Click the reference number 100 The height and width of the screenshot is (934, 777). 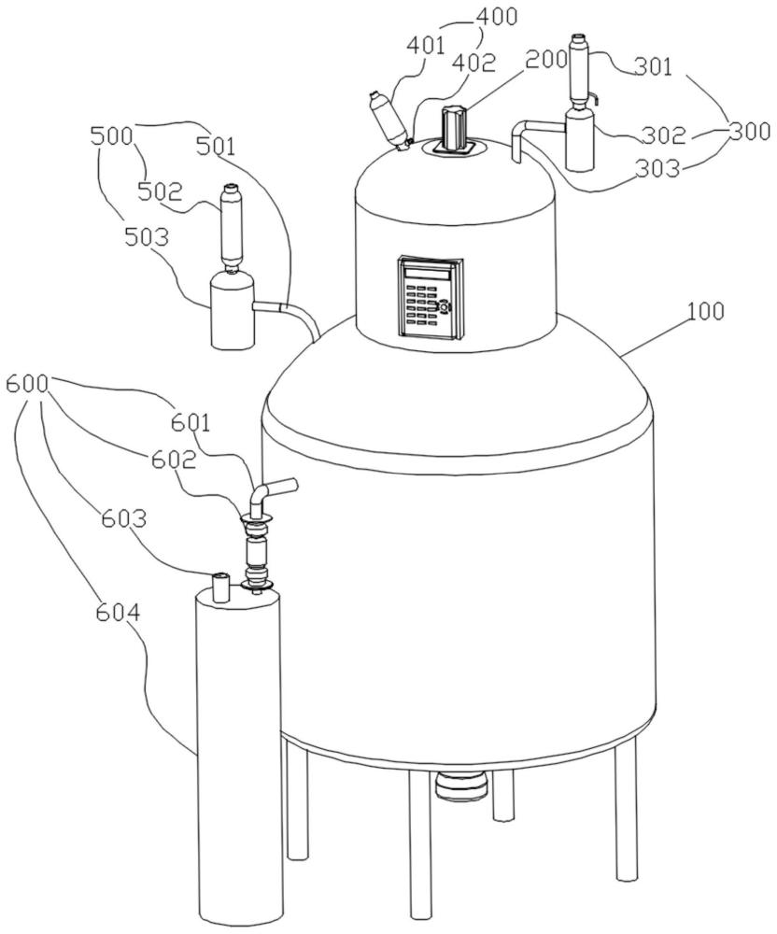point(705,312)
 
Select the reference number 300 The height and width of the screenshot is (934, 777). point(750,131)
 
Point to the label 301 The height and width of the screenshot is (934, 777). point(653,66)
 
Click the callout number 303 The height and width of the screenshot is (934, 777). point(657,168)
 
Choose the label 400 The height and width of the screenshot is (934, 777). point(497,17)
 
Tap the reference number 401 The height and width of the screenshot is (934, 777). point(426,45)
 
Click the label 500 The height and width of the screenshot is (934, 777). point(112,136)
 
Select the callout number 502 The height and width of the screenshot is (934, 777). point(159,191)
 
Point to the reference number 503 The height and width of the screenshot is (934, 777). point(147,237)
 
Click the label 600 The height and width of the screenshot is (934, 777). point(26,385)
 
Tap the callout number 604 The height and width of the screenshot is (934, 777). point(118,613)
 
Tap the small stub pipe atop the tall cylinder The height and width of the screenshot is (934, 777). point(221,587)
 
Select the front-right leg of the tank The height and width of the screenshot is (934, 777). point(626,808)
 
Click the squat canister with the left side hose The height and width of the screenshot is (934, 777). point(233,309)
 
